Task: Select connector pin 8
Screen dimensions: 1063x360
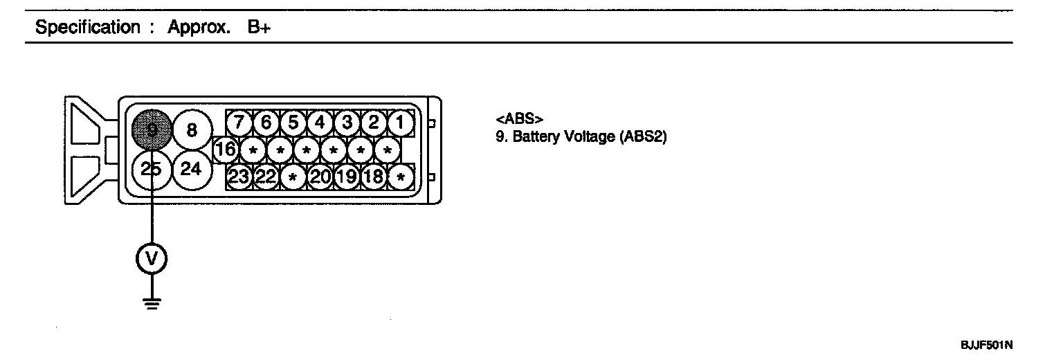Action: point(192,129)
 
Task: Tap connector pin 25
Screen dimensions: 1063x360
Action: point(151,168)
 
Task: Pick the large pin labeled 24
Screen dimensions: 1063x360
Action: point(192,168)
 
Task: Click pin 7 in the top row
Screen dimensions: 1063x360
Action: point(239,123)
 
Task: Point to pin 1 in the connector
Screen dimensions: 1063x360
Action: point(400,123)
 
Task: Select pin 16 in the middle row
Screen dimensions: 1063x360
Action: point(225,149)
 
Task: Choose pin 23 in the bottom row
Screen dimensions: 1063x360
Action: point(239,177)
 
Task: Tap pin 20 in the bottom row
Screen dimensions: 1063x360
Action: point(320,177)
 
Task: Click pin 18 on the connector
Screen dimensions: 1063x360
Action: point(374,177)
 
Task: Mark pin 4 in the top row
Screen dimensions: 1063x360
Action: point(320,123)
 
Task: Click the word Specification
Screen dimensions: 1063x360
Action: point(87,28)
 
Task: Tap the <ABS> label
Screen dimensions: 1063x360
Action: point(515,119)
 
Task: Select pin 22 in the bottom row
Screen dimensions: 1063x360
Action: point(266,177)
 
